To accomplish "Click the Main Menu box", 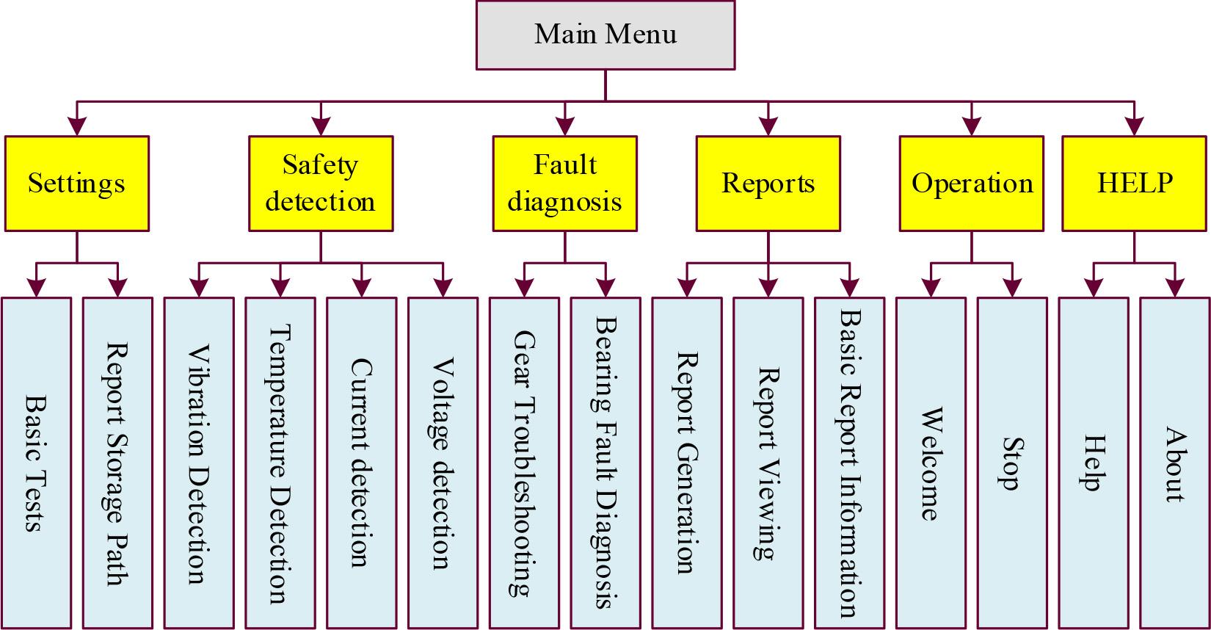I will pos(605,35).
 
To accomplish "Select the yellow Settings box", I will pos(77,184).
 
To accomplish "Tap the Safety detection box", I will pos(321,184).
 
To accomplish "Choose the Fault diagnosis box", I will pos(564,184).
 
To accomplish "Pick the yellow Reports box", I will pos(768,184).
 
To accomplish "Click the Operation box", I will pos(972,184).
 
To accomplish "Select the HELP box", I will pos(1135,184).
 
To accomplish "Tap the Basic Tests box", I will pos(36,463).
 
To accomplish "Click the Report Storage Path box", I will pos(117,463).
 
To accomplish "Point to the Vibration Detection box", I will pos(199,463).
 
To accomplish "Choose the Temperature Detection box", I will pos(280,463).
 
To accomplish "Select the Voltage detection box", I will pos(443,463).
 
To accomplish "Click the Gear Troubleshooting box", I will pos(524,463).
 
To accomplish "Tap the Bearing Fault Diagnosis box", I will pos(605,463).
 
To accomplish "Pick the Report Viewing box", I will pos(768,463).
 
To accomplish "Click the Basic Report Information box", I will pos(850,463).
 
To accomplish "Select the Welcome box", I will pos(931,463).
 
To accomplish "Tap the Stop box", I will pos(1013,463).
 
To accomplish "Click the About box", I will pos(1175,463).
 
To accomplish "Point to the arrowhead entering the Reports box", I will pos(768,128).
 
